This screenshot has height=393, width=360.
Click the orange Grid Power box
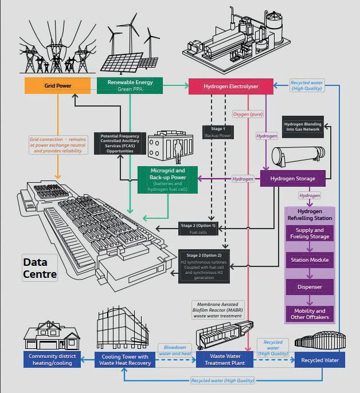57,86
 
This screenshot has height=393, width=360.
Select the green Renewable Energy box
130,85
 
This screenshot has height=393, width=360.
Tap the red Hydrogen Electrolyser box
231,87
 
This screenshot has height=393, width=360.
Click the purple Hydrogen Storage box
292,179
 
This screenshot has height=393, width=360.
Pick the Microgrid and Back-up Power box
167,178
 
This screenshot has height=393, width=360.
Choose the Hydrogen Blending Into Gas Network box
303,127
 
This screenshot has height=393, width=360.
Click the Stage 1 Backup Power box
218,132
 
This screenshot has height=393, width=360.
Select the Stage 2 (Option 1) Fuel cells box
198,229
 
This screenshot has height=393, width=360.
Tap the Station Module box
310,260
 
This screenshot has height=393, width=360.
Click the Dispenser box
310,286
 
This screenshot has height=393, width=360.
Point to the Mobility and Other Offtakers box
310,314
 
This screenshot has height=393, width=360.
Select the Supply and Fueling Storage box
310,234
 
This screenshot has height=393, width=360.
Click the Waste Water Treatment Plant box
221,359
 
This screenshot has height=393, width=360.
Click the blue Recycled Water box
320,359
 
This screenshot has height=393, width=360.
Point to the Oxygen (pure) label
248,114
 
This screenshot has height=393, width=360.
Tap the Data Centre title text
40,268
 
